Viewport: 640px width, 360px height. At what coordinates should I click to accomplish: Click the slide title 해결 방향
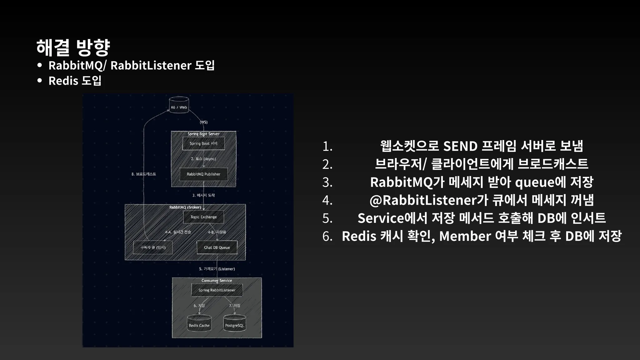pos(73,47)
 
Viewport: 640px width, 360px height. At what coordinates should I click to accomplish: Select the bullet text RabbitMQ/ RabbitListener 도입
pos(131,65)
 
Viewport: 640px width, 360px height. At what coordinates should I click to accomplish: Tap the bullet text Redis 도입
pos(75,81)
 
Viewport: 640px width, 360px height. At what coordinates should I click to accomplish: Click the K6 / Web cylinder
pos(179,105)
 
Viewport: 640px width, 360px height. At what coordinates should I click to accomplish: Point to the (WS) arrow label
pos(204,122)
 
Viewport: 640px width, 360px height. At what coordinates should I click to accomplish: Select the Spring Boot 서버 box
pos(203,143)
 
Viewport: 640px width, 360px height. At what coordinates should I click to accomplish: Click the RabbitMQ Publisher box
pos(203,174)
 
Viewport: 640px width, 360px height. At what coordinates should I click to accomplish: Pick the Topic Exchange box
pos(203,217)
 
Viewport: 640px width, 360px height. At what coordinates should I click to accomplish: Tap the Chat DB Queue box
pos(217,247)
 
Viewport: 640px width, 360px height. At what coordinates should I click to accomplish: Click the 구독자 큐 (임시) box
pos(153,247)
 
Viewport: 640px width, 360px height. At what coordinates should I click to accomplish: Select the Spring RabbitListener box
pos(217,290)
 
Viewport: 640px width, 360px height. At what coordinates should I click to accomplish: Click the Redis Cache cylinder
pos(199,324)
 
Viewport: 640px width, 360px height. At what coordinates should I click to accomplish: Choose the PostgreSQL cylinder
pos(234,324)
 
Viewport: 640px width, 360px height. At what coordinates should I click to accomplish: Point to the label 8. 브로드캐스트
pos(144,174)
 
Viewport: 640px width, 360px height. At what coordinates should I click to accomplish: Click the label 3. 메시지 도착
pos(203,195)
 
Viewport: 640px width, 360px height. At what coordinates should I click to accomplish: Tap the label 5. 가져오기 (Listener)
pos(217,269)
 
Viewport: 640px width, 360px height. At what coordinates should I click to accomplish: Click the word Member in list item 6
pos(465,236)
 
